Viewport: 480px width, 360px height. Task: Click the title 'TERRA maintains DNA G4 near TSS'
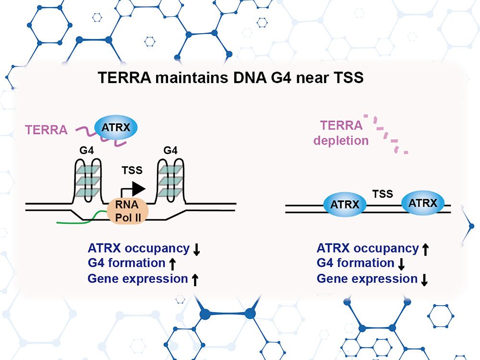(230, 78)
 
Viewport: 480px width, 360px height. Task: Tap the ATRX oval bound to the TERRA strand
(116, 128)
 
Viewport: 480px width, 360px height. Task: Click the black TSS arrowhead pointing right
(139, 189)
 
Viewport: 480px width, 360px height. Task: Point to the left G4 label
(86, 151)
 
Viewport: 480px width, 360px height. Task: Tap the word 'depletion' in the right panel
(345, 141)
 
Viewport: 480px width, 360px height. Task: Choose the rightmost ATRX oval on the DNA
(422, 203)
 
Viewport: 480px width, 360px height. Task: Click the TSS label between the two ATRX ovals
(383, 194)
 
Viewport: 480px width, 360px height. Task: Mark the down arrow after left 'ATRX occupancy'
(196, 250)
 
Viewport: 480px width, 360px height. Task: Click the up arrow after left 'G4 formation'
(173, 264)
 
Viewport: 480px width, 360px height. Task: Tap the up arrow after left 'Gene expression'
(195, 280)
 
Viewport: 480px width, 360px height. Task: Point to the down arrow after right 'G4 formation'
(402, 264)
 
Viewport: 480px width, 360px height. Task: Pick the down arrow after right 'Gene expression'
(424, 280)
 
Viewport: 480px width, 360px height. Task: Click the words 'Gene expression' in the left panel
(137, 279)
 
